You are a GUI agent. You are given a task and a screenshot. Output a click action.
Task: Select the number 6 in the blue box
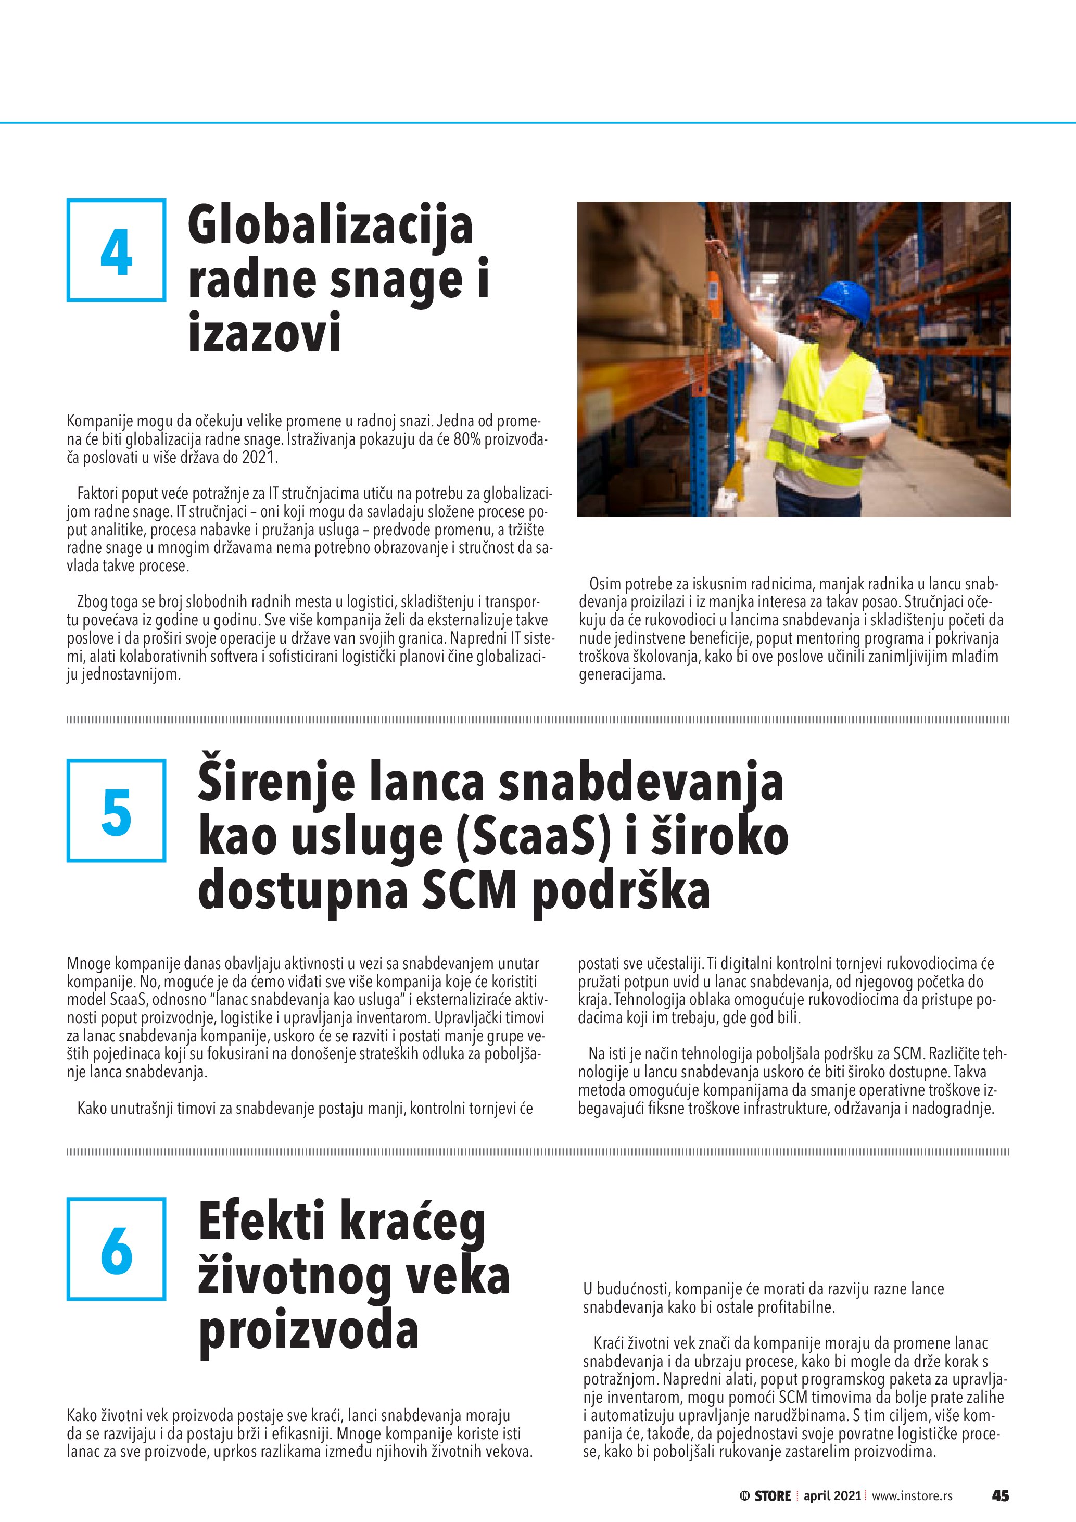[x=117, y=1250]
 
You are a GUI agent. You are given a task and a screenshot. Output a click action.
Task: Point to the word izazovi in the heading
[x=264, y=332]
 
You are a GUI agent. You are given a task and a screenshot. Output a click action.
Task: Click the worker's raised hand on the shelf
[x=716, y=248]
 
